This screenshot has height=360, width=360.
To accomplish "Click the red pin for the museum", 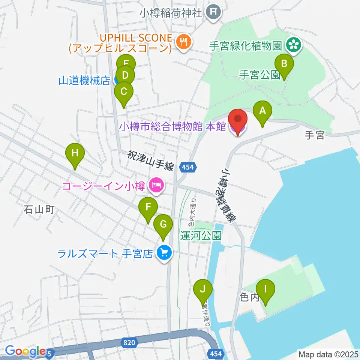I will click(238, 121).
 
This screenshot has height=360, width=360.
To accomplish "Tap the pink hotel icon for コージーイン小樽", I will click(155, 184).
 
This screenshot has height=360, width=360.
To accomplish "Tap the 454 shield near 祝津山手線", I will click(188, 167).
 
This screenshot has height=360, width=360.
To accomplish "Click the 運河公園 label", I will click(200, 235).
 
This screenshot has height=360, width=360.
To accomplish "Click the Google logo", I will click(25, 351).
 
